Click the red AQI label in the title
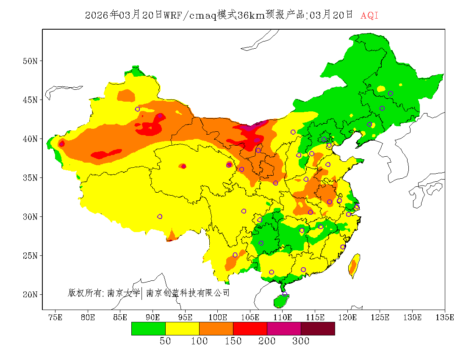pyautogui.click(x=369, y=16)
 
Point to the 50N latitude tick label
pyautogui.click(x=30, y=61)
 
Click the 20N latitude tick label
pyautogui.click(x=30, y=294)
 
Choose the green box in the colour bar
pyautogui.click(x=148, y=329)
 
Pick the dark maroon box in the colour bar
pyautogui.click(x=318, y=329)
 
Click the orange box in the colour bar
pyautogui.click(x=216, y=329)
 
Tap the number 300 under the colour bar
pyautogui.click(x=301, y=341)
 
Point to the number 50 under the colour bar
pyautogui.click(x=165, y=341)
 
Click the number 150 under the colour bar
pyautogui.click(x=233, y=341)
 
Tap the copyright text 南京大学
pyautogui.click(x=123, y=293)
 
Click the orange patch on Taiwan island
pyautogui.click(x=353, y=267)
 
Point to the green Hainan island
pyautogui.click(x=280, y=301)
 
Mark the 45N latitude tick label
pyautogui.click(x=30, y=100)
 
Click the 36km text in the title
pyautogui.click(x=251, y=16)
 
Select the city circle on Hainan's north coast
pyautogui.click(x=285, y=294)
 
